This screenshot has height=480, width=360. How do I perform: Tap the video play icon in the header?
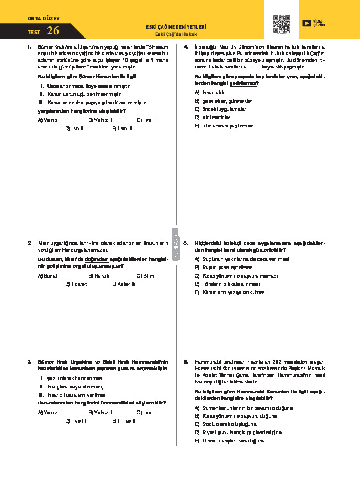click(x=306, y=23)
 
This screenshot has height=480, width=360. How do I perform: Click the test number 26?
click(x=54, y=31)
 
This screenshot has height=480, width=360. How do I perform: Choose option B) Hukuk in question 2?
click(x=99, y=275)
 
